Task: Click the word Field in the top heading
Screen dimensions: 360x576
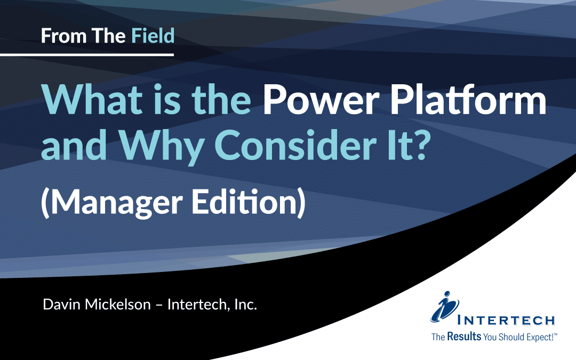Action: click(x=153, y=36)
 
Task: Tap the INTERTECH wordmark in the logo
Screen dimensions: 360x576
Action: click(x=507, y=321)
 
